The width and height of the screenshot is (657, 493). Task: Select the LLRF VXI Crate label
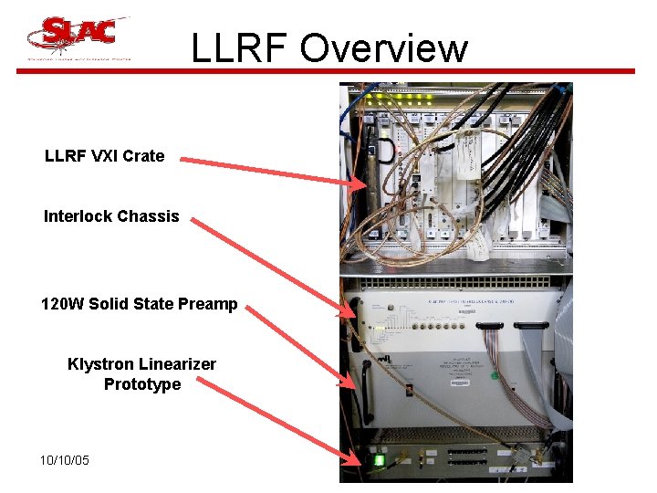coord(105,156)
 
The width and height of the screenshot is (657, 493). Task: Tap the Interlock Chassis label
coord(111,216)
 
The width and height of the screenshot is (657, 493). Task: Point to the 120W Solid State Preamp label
coord(139,304)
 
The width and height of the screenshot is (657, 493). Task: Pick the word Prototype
coord(142,384)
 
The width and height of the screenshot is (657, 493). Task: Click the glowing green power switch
coord(379,460)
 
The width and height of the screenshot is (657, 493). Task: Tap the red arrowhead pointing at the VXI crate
coord(358,183)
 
